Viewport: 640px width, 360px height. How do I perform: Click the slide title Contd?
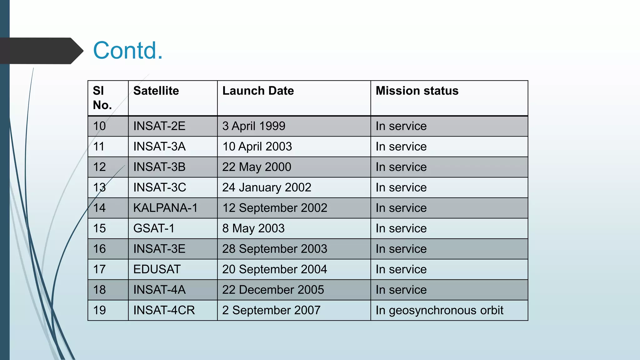128,50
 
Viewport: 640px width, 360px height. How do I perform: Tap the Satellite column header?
156,91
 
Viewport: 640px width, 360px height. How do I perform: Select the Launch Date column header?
258,91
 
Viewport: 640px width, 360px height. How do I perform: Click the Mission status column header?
417,91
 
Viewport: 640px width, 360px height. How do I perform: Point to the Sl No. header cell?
102,98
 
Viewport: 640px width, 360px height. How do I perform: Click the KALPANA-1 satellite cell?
165,208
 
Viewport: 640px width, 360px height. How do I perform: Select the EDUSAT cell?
157,269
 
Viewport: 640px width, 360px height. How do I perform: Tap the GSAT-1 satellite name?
154,228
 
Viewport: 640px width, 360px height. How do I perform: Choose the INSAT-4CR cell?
164,310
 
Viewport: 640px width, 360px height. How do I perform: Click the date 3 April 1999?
253,126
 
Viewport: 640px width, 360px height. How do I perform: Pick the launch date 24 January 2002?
267,187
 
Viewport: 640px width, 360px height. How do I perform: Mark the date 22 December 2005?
273,290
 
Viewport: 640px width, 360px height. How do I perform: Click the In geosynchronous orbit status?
439,310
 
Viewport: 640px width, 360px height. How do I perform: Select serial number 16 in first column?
99,249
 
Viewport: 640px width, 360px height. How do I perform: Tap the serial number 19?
99,310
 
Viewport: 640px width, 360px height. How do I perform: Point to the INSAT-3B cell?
159,167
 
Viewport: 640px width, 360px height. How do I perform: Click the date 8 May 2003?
253,228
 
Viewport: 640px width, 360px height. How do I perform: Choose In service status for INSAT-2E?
401,126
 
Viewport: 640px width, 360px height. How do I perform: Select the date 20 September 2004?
274,269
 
